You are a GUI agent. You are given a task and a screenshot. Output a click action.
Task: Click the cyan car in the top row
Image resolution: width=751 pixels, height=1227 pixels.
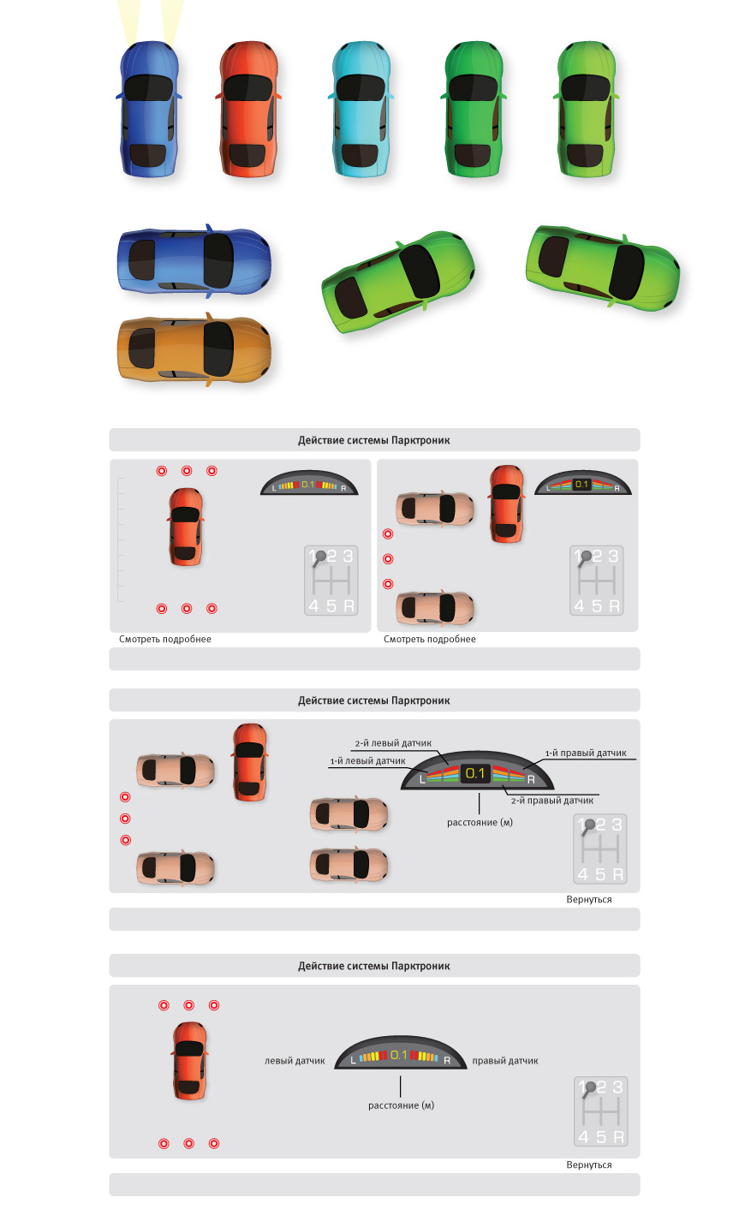pos(361,110)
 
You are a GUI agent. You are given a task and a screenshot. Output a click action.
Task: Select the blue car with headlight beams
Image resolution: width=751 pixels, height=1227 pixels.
pos(149,110)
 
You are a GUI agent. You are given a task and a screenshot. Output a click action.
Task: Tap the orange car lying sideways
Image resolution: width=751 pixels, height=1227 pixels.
pos(194,349)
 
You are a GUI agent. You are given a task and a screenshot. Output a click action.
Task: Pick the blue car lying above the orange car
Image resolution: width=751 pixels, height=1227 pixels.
pos(194,261)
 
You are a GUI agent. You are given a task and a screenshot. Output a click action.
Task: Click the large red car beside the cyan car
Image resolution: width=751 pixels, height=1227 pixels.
pos(248,110)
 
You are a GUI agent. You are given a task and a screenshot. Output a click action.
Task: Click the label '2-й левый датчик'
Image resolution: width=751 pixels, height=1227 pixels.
pos(393,743)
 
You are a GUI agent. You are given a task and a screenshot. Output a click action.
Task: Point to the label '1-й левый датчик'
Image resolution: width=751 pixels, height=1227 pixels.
pos(367,761)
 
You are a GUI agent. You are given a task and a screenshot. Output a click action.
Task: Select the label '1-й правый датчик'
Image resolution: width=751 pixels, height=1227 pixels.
pos(586,753)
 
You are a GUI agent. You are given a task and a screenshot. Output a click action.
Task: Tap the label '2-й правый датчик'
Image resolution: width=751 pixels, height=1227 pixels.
pos(552,801)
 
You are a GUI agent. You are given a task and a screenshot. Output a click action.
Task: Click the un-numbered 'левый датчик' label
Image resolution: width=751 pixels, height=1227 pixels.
pos(295,1061)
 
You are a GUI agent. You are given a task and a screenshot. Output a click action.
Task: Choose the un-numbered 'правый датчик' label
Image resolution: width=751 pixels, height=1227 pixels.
pos(505,1061)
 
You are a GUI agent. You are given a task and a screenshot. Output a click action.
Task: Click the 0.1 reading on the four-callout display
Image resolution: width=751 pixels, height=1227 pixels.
pos(475,773)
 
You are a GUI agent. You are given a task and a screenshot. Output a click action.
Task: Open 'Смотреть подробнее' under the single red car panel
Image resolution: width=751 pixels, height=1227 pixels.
pos(165,640)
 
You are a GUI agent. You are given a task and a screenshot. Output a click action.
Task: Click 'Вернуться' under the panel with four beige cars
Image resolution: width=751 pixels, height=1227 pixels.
pos(589,899)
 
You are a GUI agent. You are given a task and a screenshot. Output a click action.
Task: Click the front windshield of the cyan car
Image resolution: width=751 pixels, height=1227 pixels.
pos(361,87)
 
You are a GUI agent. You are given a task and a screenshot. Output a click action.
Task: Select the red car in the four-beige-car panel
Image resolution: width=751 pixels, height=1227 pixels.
pos(250,762)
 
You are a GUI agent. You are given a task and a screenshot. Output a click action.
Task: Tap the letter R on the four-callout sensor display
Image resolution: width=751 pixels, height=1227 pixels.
pos(531,779)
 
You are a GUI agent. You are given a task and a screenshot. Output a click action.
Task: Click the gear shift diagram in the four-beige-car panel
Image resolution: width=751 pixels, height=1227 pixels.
pos(599,849)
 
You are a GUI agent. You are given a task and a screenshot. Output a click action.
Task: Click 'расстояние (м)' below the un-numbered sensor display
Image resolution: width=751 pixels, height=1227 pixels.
pos(401,1105)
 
